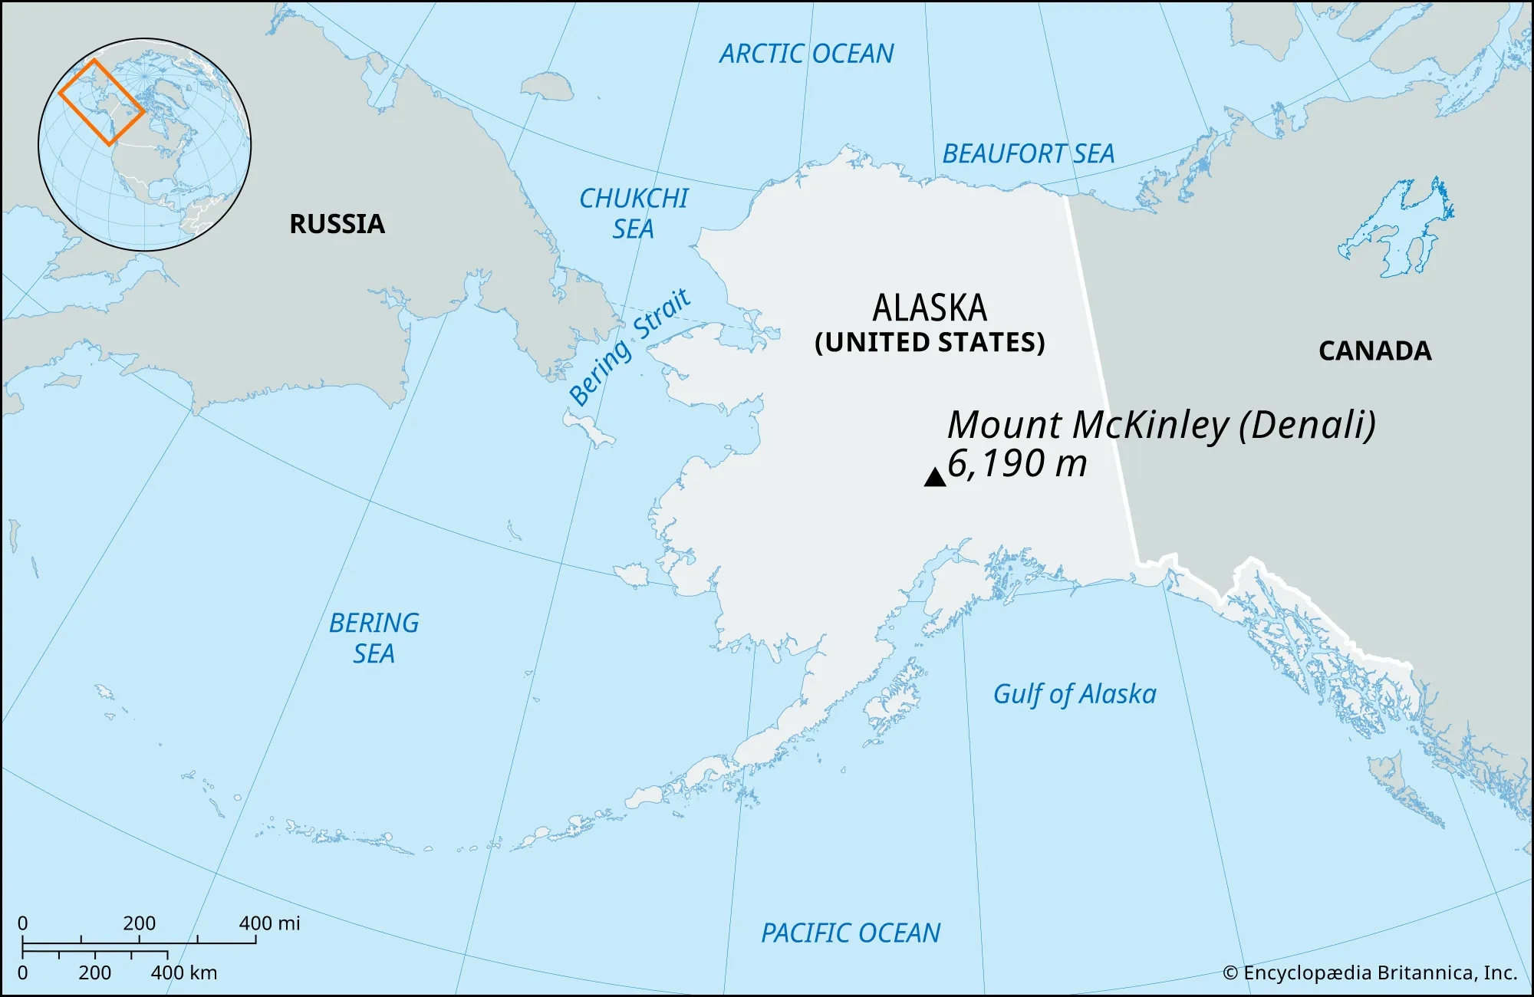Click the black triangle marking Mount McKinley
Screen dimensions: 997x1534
tap(934, 479)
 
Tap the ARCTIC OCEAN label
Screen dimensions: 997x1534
tap(806, 54)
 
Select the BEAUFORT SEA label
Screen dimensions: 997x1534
tap(1028, 154)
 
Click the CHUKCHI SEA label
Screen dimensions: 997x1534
tap(634, 213)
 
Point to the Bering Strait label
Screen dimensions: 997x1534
tap(629, 347)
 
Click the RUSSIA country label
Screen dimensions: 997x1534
tap(337, 224)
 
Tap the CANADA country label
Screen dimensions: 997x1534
tap(1374, 351)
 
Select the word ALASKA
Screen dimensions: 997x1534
tap(930, 308)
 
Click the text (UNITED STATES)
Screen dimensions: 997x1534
tap(930, 342)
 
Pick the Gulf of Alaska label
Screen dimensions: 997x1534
tap(1074, 694)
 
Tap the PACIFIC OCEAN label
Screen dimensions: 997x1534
tap(850, 933)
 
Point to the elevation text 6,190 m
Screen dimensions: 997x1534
tap(1017, 464)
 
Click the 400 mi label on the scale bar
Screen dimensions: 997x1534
tap(269, 923)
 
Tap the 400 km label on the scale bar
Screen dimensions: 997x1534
tap(184, 972)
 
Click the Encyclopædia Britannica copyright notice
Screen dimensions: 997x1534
tap(1370, 972)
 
